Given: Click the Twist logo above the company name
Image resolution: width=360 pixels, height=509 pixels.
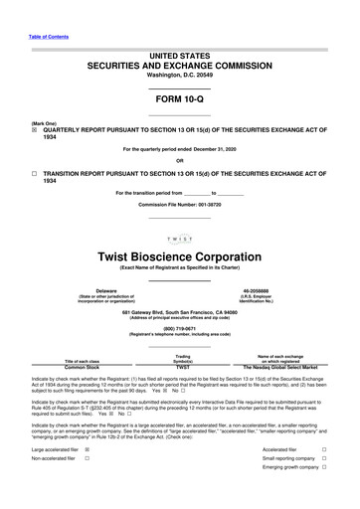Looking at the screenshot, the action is (179, 239).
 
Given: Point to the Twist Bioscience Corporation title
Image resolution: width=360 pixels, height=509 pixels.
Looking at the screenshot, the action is (179, 255).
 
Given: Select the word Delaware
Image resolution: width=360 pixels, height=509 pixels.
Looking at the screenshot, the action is (99, 290).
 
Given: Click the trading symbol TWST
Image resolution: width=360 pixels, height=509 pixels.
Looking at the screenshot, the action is (182, 367).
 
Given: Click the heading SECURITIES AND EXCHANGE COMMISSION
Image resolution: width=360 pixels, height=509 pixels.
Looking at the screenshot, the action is (179, 61).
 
